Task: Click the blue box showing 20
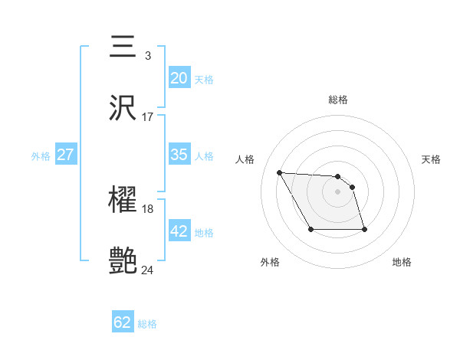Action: point(179,78)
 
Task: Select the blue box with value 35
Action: point(179,155)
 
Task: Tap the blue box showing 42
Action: point(179,231)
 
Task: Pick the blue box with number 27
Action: point(65,155)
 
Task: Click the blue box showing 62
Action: point(123,322)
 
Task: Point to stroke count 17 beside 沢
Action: point(148,116)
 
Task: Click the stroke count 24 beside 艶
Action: point(148,270)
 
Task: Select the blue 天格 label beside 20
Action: point(204,79)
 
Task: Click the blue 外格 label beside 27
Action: point(41,155)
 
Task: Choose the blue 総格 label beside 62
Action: point(147,323)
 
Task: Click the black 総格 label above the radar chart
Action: point(338,100)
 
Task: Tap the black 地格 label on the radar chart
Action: point(402,262)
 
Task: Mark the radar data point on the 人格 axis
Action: point(279,172)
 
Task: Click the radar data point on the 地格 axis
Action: point(364,229)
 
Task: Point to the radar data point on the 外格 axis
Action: point(310,229)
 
